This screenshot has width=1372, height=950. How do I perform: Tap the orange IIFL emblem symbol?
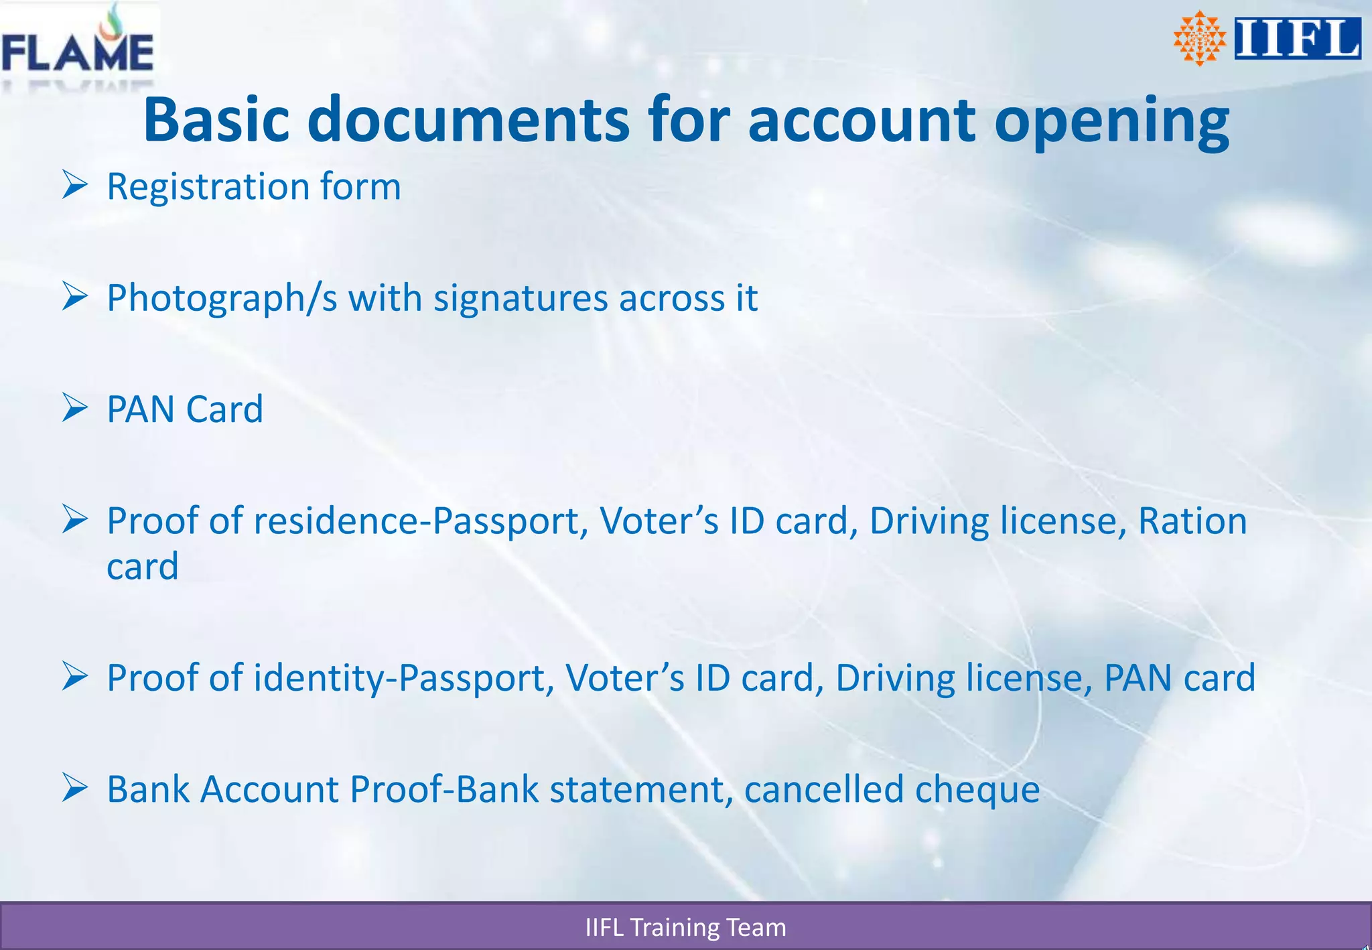pyautogui.click(x=1199, y=38)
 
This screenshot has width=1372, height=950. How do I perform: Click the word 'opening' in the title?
pyautogui.click(x=1111, y=121)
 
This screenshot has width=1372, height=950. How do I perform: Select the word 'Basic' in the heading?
pyautogui.click(x=216, y=120)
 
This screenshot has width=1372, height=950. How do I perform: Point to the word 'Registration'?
pyautogui.click(x=208, y=187)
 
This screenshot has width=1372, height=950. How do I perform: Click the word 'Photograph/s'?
pyautogui.click(x=222, y=298)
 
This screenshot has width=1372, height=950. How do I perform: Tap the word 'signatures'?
pyautogui.click(x=521, y=298)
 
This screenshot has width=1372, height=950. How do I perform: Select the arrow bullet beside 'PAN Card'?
pyautogui.click(x=75, y=407)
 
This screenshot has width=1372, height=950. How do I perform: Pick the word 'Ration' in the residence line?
pyautogui.click(x=1192, y=521)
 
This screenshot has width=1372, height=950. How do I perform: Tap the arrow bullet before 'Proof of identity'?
pyautogui.click(x=75, y=676)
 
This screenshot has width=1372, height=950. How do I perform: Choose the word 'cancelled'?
pyautogui.click(x=823, y=789)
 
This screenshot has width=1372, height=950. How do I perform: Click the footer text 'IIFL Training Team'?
pyautogui.click(x=685, y=927)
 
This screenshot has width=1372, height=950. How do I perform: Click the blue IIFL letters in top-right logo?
pyautogui.click(x=1297, y=39)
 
